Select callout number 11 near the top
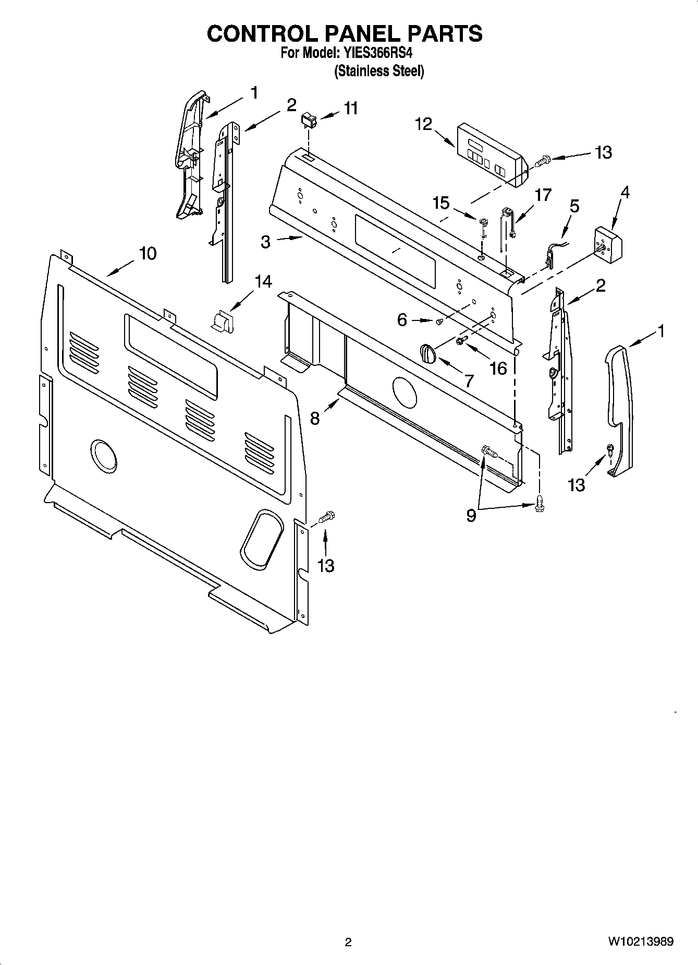click(x=351, y=109)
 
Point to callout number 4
click(x=624, y=193)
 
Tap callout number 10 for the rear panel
click(x=148, y=254)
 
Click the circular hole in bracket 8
click(x=404, y=392)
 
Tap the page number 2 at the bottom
click(x=348, y=942)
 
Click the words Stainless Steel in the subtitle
click(x=379, y=71)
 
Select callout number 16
click(x=498, y=368)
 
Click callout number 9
click(x=471, y=516)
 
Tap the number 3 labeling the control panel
click(x=266, y=242)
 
